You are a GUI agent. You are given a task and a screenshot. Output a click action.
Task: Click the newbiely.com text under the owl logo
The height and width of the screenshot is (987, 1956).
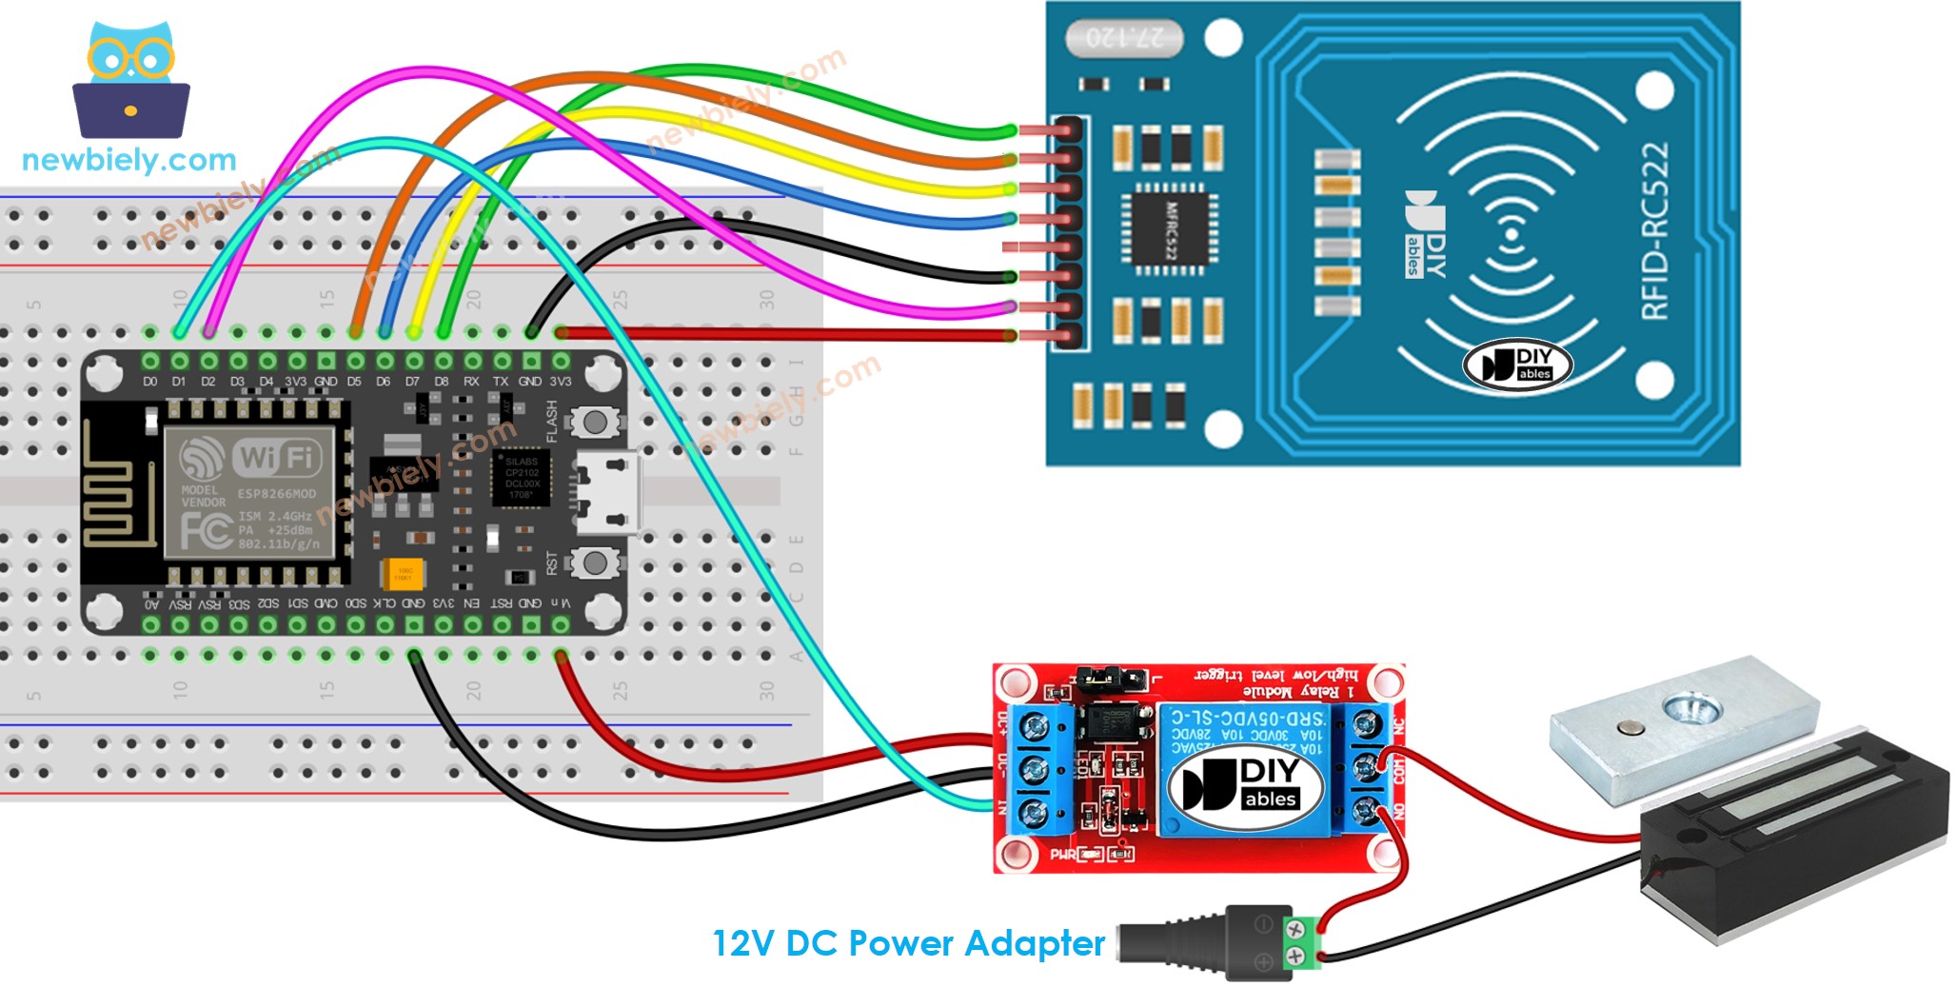click(128, 160)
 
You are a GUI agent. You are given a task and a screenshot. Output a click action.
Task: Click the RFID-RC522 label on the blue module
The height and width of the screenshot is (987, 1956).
click(1655, 231)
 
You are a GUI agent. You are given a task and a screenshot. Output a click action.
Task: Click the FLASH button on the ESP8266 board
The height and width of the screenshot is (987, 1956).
click(595, 422)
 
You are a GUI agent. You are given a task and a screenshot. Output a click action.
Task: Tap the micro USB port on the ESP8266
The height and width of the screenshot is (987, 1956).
click(609, 494)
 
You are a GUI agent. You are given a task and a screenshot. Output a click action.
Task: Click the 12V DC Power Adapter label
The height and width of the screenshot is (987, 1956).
click(908, 943)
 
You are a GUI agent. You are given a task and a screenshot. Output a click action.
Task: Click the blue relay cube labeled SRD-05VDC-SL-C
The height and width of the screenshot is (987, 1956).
click(1247, 771)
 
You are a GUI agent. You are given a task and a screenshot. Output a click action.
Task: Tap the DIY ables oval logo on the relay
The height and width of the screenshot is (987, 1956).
click(1247, 785)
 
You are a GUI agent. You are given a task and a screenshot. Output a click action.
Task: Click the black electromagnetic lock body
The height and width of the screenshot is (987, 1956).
click(1789, 838)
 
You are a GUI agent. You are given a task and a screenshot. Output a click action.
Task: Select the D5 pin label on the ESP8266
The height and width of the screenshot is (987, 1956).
click(354, 382)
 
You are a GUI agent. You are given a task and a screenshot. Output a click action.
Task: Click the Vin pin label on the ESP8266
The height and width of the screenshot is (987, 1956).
click(562, 603)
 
